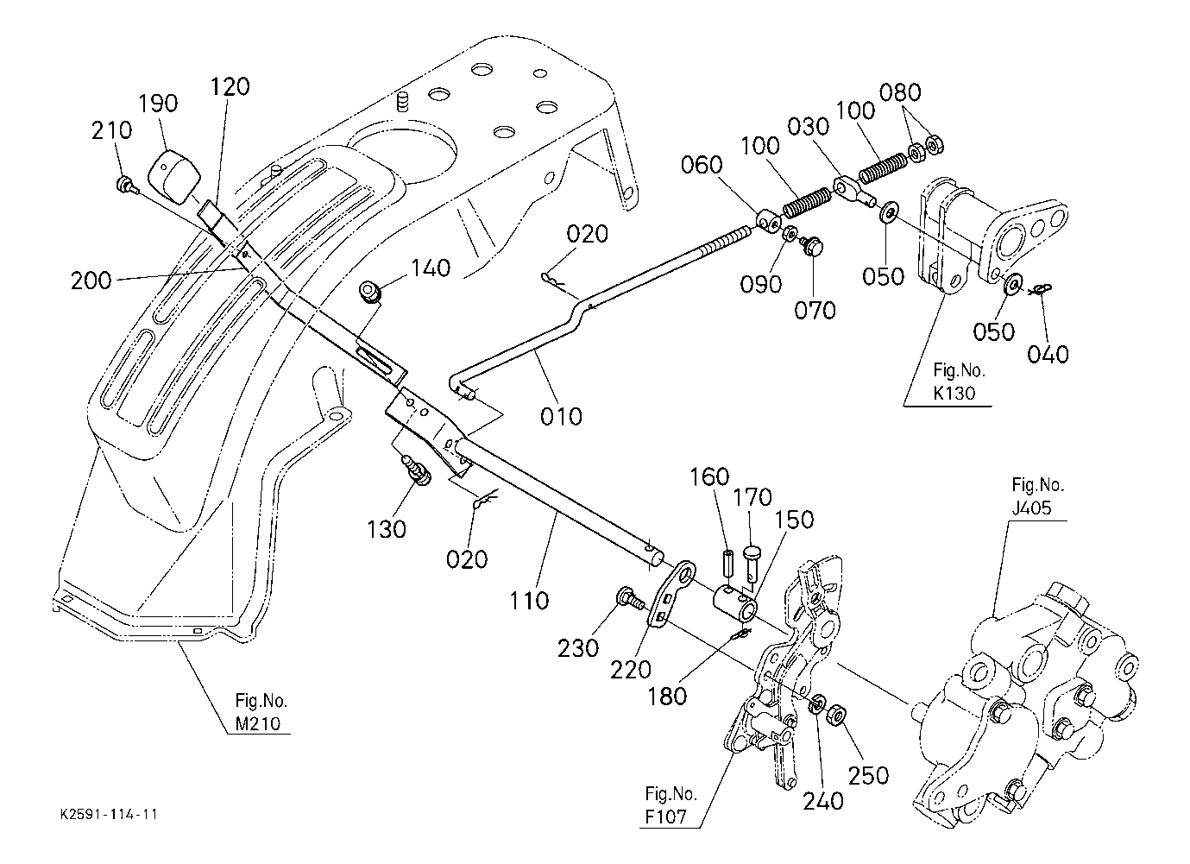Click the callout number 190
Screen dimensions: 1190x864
[x=158, y=104]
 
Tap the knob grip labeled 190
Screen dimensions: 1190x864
[x=173, y=176]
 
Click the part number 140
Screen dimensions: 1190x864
[x=431, y=268]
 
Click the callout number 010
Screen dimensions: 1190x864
[x=561, y=416]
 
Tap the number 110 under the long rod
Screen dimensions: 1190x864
[x=529, y=601]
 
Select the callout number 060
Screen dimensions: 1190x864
[x=702, y=165]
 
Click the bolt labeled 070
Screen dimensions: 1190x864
[x=809, y=246]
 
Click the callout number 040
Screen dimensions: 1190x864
[x=1048, y=355]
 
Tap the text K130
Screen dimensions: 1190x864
[x=954, y=394]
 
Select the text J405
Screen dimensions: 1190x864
[x=1032, y=508]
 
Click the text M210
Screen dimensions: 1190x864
[x=258, y=724]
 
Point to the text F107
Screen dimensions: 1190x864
[x=665, y=817]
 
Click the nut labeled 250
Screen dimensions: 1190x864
[x=837, y=714]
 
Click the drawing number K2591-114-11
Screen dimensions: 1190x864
[x=109, y=815]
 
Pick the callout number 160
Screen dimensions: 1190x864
[x=709, y=476]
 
